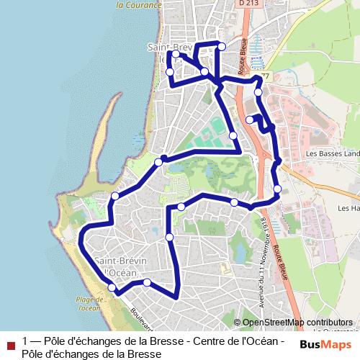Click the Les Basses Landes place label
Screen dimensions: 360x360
[332, 153]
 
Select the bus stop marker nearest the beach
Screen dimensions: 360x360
[112, 288]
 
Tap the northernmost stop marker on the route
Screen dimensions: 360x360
[222, 46]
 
